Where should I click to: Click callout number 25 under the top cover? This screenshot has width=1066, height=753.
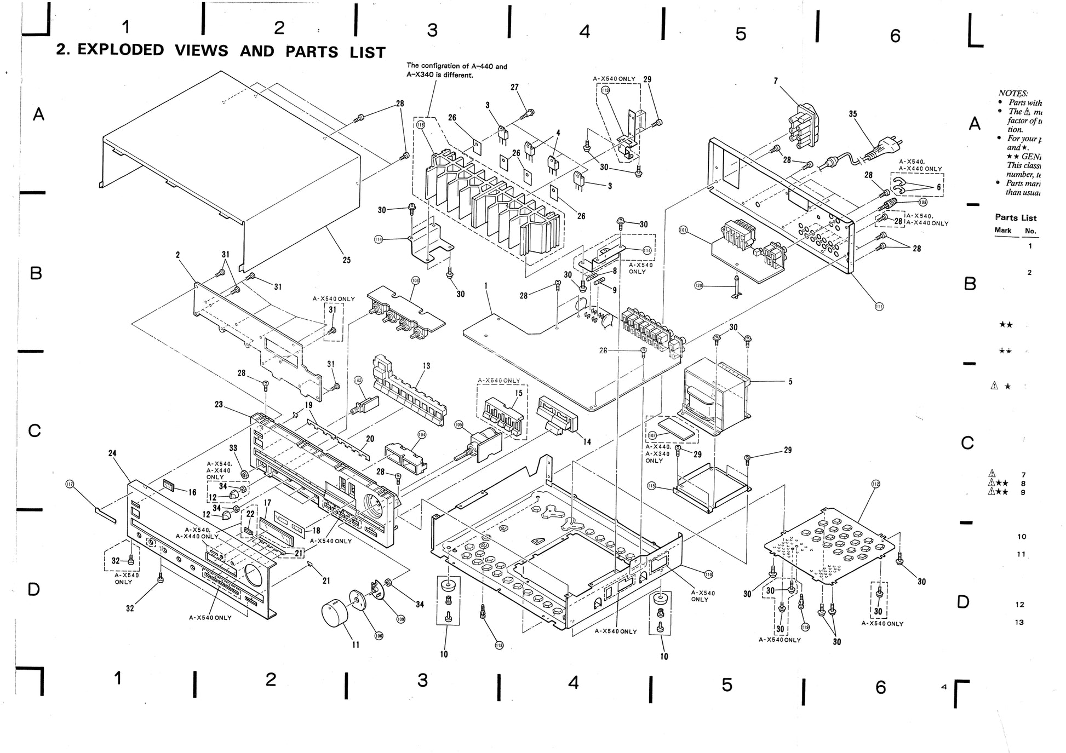(346, 260)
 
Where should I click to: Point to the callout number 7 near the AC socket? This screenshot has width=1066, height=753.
(776, 81)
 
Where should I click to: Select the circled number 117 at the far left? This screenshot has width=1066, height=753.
(70, 484)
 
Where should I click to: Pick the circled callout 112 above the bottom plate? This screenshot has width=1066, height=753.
(875, 484)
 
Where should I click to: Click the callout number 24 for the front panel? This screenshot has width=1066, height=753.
(112, 453)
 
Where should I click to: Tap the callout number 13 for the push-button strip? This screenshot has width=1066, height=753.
(426, 366)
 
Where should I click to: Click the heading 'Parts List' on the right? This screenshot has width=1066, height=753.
(1016, 217)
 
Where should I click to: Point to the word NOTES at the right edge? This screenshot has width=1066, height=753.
(1013, 94)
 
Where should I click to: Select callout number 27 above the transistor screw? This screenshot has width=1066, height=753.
(514, 87)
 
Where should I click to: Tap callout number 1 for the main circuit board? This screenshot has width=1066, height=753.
(486, 286)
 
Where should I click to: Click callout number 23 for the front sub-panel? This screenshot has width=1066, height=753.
(219, 405)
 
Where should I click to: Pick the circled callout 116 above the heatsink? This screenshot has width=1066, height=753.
(421, 125)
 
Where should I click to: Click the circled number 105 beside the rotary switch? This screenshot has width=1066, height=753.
(459, 424)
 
